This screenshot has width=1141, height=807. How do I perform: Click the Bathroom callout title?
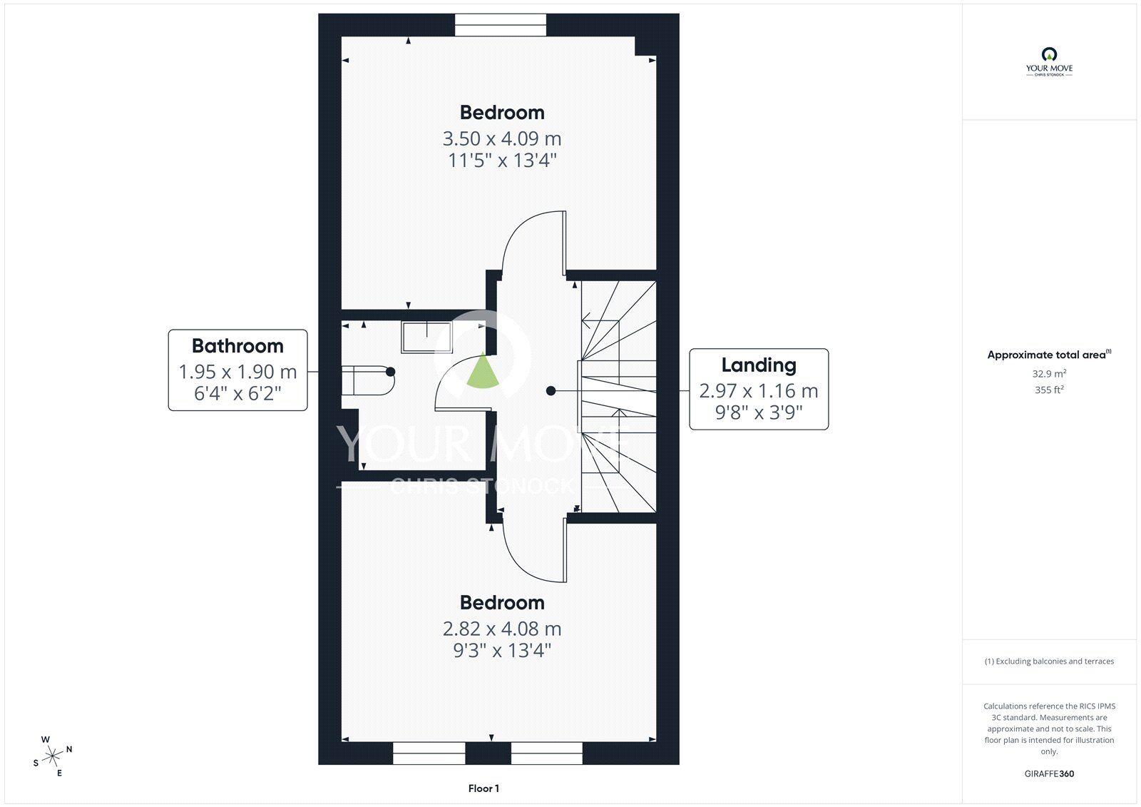pos(237,346)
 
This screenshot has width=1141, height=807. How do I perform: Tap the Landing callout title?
pos(759,365)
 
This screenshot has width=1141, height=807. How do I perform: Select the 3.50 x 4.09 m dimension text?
pos(502,138)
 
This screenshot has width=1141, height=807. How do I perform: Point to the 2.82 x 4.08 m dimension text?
pos(502,629)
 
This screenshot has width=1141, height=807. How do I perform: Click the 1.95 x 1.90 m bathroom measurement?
pos(237,372)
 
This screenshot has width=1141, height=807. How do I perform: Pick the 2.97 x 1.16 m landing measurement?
pos(759,391)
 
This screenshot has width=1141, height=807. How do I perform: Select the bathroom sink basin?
pos(427,337)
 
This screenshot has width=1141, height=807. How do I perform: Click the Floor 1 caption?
pos(483,788)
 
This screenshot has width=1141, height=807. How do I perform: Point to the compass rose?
pos(52,756)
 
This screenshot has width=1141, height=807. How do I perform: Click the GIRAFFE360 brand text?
pos(1049,773)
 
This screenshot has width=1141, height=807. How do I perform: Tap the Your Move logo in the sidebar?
pos(1049,62)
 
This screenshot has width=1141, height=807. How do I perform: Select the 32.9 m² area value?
pos(1049,374)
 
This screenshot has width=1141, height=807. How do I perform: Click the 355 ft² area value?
pos(1049,390)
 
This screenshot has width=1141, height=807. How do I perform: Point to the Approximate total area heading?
pos(1049,355)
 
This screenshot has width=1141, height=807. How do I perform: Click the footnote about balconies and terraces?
pos(1049,661)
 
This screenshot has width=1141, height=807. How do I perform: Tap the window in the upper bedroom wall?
pos(500,25)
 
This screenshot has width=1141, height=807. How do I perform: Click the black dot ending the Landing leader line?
pos(551,391)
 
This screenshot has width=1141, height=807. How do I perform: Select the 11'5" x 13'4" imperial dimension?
pos(502,161)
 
